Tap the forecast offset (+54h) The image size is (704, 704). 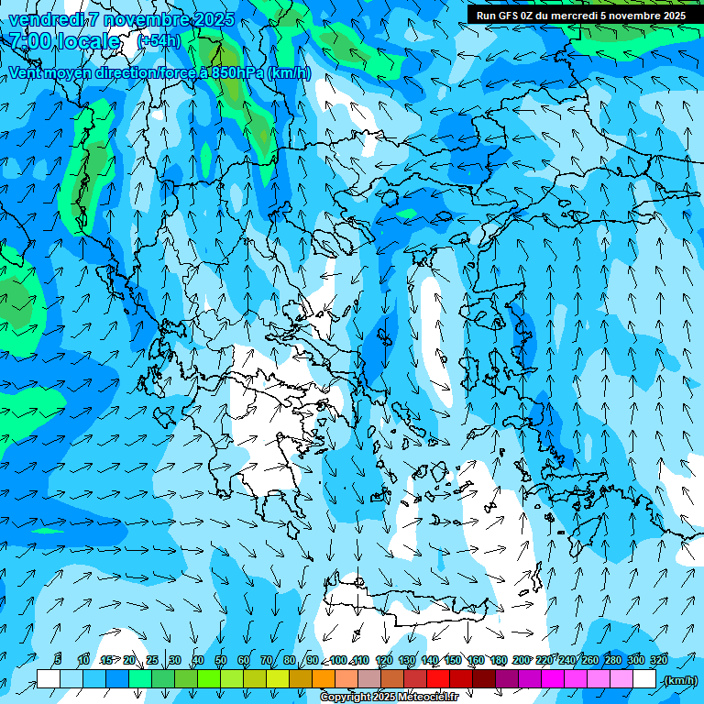(159, 41)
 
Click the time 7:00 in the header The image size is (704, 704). (29, 41)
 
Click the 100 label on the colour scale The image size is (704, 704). (338, 660)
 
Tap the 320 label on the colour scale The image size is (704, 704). (659, 660)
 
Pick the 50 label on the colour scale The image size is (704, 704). (221, 660)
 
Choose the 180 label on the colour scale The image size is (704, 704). (498, 660)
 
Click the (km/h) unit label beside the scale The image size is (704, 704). (679, 680)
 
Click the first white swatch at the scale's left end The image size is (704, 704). (49, 679)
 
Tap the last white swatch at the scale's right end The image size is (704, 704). (644, 679)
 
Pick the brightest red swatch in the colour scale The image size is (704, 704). (438, 679)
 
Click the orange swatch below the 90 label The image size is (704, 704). (324, 679)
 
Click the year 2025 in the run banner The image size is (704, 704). (672, 15)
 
